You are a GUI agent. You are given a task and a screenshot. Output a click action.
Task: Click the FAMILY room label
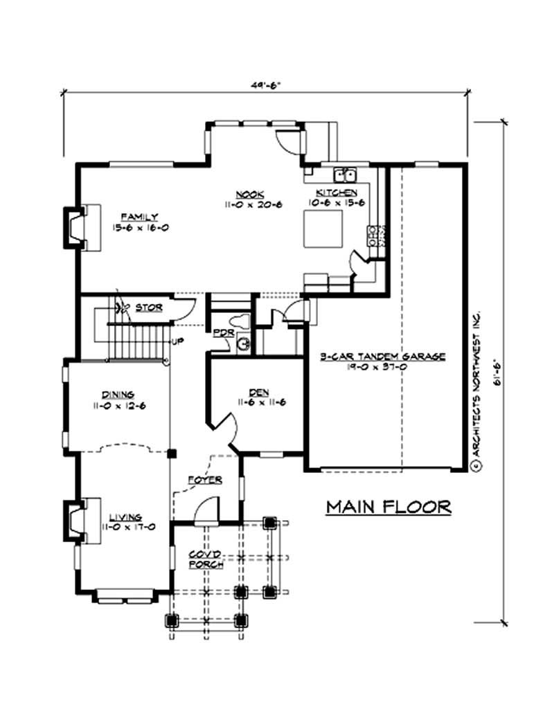tap(139, 216)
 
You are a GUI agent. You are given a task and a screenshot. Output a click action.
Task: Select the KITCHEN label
tap(337, 192)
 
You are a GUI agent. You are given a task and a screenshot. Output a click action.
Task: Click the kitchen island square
tap(323, 229)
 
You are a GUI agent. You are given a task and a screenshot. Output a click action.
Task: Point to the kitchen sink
tap(345, 173)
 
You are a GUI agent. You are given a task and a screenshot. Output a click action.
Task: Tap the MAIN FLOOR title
tap(388, 508)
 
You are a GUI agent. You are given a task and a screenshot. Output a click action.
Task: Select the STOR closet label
tap(149, 307)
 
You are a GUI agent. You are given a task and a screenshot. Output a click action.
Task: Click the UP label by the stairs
tap(178, 341)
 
